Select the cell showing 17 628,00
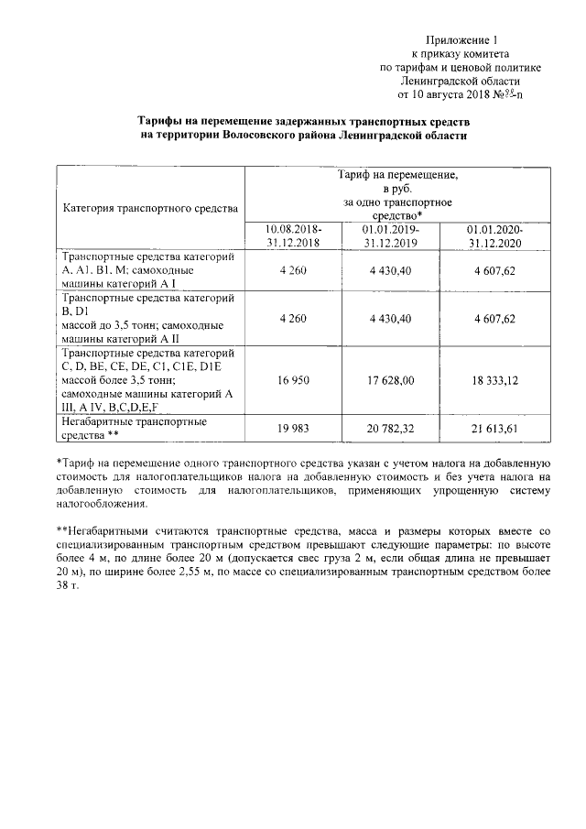[391, 378]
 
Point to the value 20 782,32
[391, 428]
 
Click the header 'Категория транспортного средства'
[150, 208]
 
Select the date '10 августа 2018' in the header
[447, 93]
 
